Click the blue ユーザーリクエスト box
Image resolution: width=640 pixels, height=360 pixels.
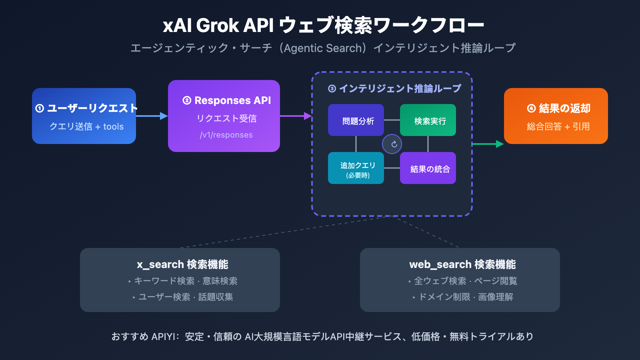pos(84,116)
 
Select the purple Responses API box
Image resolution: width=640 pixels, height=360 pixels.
pos(224,116)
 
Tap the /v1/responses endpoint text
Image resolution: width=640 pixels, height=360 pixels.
pos(226,135)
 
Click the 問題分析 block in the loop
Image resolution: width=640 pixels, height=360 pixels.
pos(356,120)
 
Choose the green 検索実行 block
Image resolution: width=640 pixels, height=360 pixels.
pos(428,120)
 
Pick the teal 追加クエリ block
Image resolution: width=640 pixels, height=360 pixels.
pos(356,168)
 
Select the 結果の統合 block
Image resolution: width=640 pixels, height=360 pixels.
pos(428,168)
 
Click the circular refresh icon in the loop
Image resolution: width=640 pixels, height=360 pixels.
pos(392,144)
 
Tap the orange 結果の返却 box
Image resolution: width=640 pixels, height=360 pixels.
pos(556,116)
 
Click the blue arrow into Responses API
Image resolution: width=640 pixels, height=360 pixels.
pos(152,116)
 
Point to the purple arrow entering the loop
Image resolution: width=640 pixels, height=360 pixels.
pos(296,116)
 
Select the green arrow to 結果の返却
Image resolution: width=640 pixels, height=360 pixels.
pos(488,144)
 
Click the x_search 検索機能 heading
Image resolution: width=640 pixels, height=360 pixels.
pos(182,264)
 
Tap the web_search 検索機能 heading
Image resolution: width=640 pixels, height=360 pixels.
pos(462,264)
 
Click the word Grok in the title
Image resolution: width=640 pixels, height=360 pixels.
pos(218,26)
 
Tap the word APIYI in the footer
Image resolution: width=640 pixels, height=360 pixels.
pos(163,337)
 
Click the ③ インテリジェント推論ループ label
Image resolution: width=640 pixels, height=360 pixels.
pos(394,88)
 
